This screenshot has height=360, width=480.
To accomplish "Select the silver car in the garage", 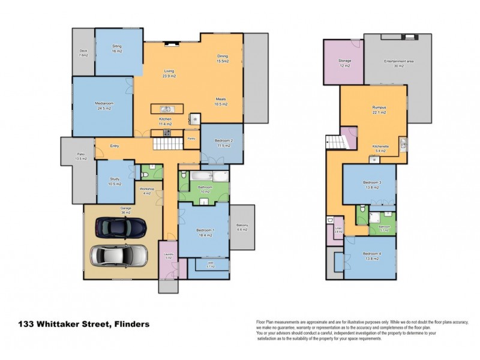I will click(118, 255).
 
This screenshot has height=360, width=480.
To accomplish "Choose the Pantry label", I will click(191, 139).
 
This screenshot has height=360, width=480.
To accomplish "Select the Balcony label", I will click(243, 227).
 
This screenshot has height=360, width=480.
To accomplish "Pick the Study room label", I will click(114, 182).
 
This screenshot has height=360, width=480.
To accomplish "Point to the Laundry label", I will click(168, 255).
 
